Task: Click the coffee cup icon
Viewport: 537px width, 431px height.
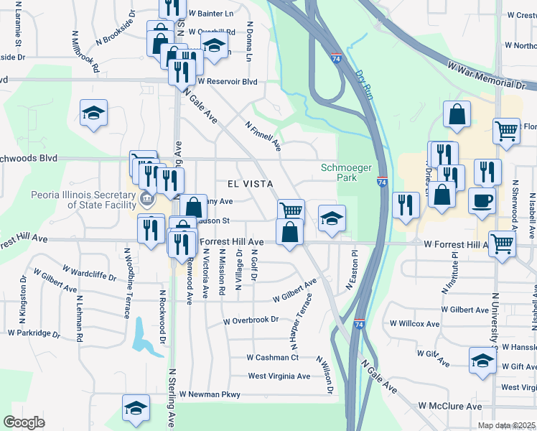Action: coord(482,200)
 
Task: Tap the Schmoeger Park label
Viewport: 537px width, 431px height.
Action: coord(347,172)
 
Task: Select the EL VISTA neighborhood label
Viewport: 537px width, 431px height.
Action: coord(251,184)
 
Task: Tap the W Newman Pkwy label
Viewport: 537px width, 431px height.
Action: coord(210,394)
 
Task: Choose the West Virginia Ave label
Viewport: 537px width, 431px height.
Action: coord(279,376)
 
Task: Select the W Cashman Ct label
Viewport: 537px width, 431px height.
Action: coord(272,357)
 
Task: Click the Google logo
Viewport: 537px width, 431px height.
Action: coord(24,422)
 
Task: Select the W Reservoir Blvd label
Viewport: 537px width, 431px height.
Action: coord(227,81)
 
